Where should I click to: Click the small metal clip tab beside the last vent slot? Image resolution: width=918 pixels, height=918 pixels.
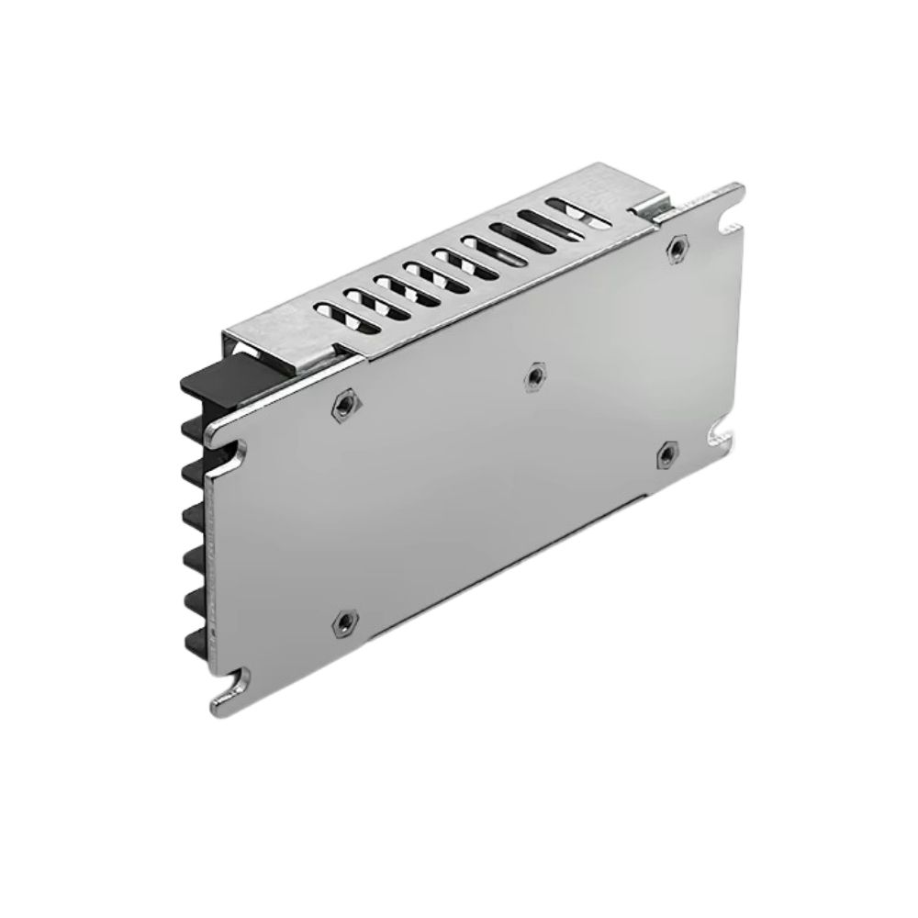(657, 210)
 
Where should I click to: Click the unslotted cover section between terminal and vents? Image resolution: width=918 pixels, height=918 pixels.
(275, 330)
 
